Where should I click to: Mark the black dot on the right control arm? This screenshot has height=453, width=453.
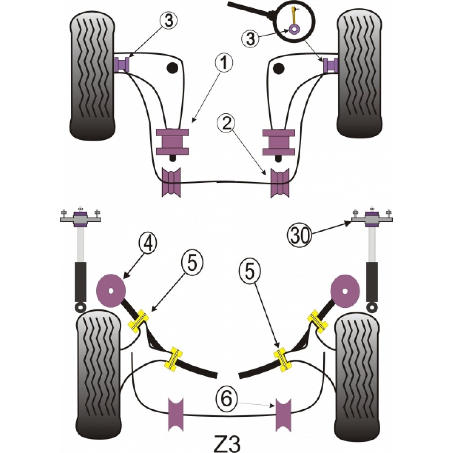[x=279, y=68]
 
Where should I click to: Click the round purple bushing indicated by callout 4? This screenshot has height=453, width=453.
[x=111, y=291]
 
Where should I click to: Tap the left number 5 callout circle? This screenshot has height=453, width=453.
[x=193, y=265]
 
